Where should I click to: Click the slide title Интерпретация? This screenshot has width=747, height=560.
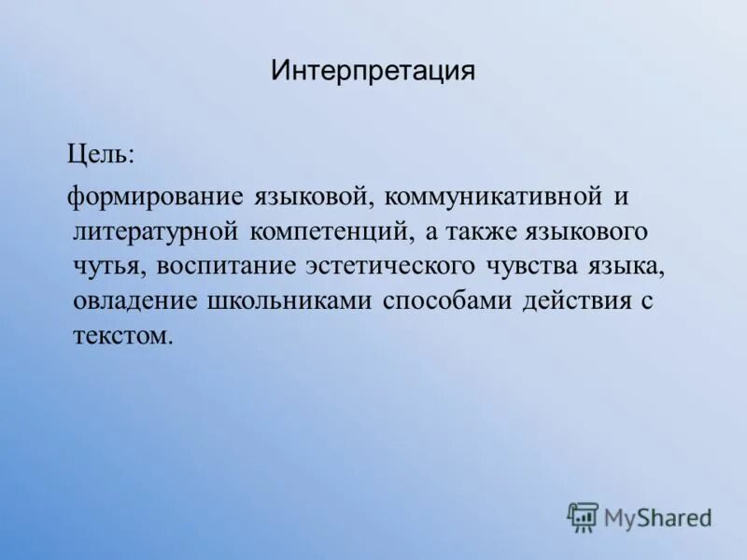pos(373,71)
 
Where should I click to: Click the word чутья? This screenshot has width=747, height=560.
pos(106,266)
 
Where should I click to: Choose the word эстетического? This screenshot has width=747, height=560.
pos(389,266)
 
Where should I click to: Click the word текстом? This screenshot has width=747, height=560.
pos(121,335)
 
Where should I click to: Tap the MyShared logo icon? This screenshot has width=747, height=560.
pos(584,515)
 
